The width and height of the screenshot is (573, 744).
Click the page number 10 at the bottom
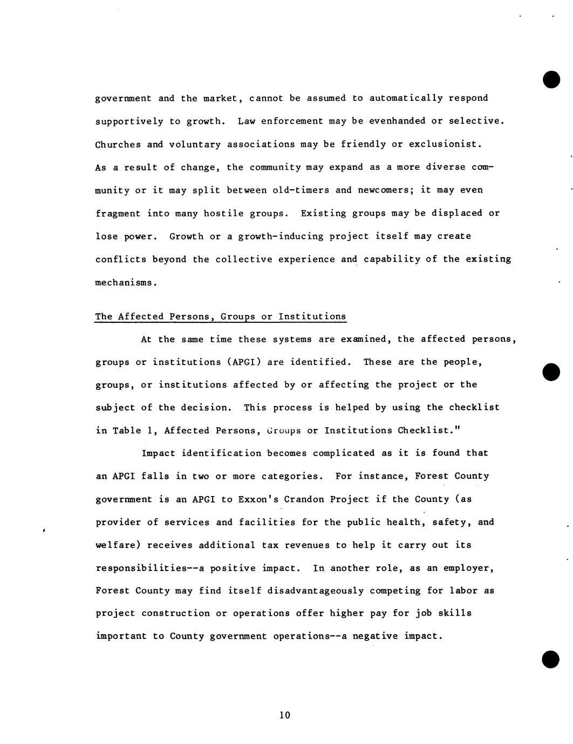coord(285,715)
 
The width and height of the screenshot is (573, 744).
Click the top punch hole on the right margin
coord(551,80)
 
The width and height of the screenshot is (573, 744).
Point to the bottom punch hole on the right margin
coord(551,659)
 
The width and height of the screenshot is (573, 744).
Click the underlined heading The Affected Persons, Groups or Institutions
coord(220,316)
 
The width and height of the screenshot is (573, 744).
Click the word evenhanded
coord(397,121)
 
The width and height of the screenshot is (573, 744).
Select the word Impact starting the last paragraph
coord(158,453)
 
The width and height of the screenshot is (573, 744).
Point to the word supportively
coord(129,121)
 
